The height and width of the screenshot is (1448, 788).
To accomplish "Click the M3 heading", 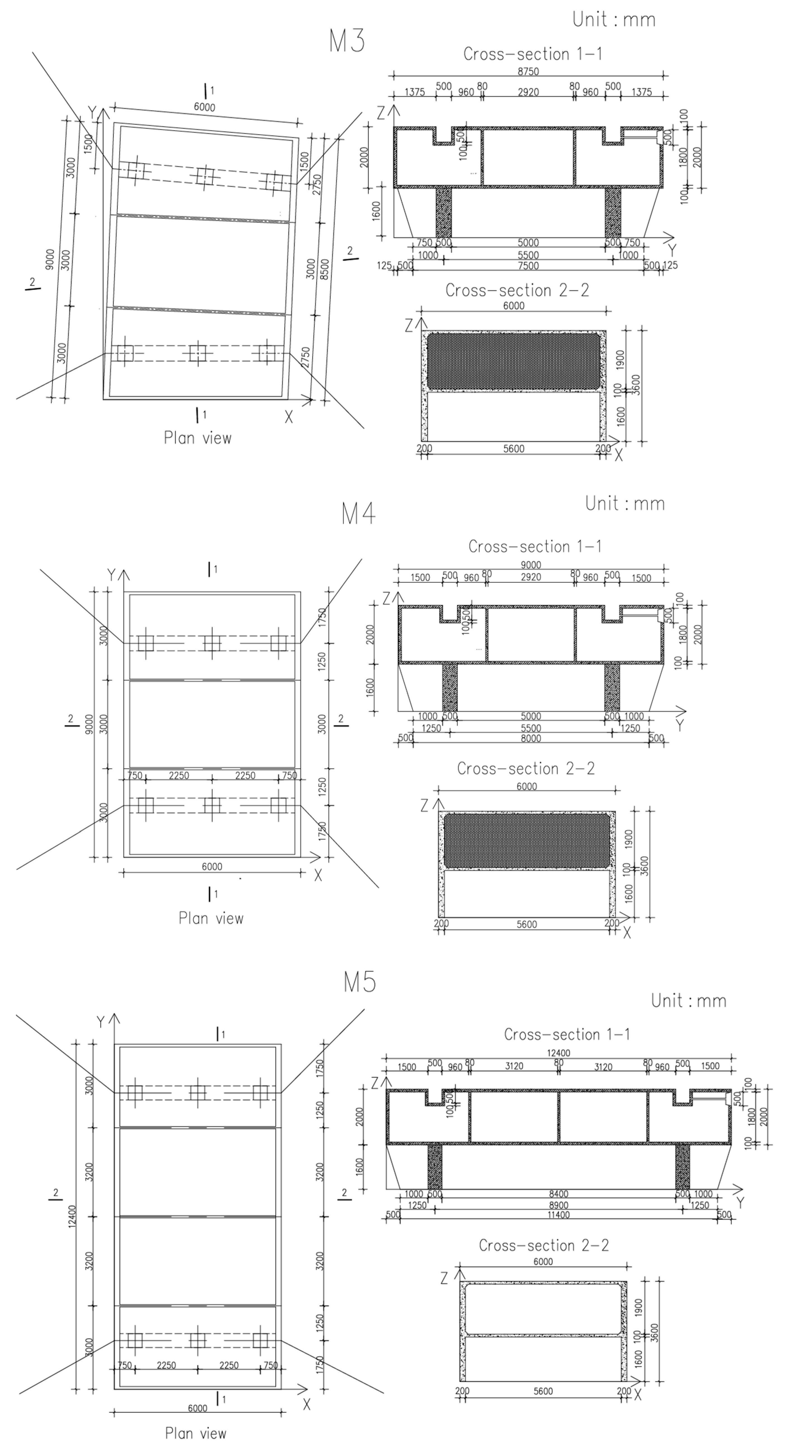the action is pyautogui.click(x=347, y=41).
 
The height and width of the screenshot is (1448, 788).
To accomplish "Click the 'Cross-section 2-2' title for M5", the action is pyautogui.click(x=543, y=1245).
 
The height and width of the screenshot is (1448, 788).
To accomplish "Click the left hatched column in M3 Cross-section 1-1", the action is pyautogui.click(x=443, y=212).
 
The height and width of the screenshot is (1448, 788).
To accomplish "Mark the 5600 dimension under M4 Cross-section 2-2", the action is pyautogui.click(x=527, y=924).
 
